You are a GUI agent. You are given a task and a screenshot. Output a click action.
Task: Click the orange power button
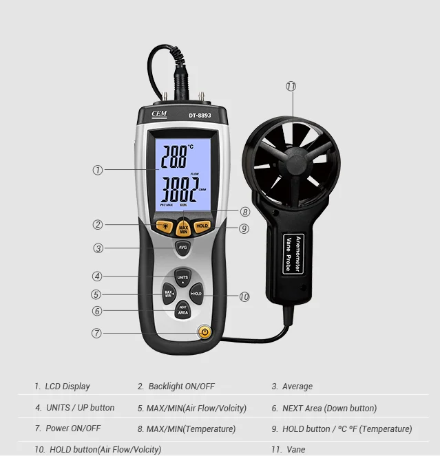click(204, 332)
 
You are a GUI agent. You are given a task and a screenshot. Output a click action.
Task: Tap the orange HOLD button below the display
click(202, 226)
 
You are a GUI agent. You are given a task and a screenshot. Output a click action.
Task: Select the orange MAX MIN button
click(183, 228)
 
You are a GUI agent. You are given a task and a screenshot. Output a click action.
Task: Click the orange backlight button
click(165, 225)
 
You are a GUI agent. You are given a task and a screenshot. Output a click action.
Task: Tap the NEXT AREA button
click(182, 310)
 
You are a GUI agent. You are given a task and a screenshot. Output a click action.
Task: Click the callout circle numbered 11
click(291, 87)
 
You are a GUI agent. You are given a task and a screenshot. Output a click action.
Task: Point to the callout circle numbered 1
click(98, 169)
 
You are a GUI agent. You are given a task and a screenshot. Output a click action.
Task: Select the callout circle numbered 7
click(97, 333)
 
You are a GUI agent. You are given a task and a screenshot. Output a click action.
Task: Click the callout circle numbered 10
click(244, 297)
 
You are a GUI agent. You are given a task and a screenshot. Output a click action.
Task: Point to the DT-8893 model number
click(200, 116)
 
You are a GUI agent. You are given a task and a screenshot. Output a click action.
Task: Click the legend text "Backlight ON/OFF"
click(176, 387)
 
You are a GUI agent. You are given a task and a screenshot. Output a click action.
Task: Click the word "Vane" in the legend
click(295, 449)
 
